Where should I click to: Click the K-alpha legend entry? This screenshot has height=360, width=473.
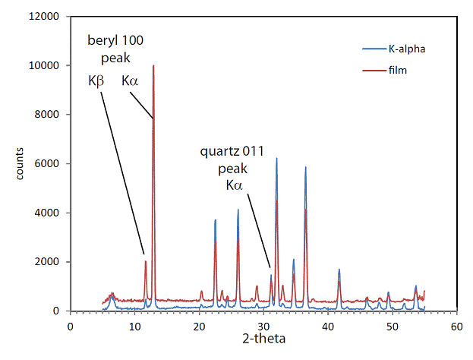point(394,49)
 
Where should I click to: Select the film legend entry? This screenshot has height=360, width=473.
point(385,71)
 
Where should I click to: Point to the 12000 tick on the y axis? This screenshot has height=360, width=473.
point(44,16)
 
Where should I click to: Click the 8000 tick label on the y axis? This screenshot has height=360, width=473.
point(47,115)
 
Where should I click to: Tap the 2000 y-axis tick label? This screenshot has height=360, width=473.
point(47,261)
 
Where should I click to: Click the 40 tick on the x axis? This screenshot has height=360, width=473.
point(328,327)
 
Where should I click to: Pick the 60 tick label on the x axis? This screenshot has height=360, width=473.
point(457,327)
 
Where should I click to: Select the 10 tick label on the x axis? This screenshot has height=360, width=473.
point(134,327)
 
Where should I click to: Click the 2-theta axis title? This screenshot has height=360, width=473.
point(264,338)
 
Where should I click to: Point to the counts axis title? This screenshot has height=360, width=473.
point(20,163)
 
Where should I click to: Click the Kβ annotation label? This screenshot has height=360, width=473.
point(96,81)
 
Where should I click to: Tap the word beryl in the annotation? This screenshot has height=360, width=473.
point(102,40)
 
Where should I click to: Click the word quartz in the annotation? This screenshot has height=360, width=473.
point(220,151)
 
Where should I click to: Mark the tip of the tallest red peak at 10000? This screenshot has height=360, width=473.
point(153,65)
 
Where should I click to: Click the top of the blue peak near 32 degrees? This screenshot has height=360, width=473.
point(276,158)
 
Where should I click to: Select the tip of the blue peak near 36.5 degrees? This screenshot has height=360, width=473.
point(305,167)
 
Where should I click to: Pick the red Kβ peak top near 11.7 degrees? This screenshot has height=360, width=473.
point(146,261)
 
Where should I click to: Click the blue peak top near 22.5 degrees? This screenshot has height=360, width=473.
point(216,219)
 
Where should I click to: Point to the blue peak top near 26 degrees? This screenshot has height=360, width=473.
point(238,210)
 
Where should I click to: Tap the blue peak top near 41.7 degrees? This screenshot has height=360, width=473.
point(339,269)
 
